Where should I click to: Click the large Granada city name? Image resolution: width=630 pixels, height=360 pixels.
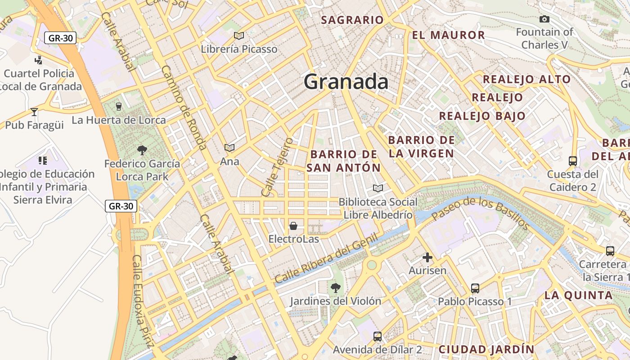click(346, 82)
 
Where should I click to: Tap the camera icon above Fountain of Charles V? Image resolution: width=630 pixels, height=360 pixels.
click(544, 19)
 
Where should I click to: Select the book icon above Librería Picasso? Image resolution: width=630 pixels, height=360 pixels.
click(239, 36)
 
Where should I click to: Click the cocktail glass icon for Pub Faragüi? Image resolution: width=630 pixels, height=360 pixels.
click(34, 112)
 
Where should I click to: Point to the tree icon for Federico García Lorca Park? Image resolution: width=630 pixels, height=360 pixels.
click(142, 150)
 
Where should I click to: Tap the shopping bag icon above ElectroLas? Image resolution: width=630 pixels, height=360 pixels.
click(293, 225)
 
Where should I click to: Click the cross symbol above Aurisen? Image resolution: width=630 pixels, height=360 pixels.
click(427, 257)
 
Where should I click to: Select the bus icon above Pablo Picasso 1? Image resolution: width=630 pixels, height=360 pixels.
click(475, 288)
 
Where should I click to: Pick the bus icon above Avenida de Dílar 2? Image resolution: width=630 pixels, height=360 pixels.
click(378, 336)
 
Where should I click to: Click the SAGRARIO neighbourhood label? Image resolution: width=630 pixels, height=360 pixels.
click(352, 20)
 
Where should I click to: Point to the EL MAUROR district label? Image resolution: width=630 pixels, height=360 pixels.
click(448, 35)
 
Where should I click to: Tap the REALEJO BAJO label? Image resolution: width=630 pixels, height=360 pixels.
click(482, 116)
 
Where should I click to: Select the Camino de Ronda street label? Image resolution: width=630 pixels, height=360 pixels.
click(184, 108)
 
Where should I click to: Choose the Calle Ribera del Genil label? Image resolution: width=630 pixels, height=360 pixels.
click(326, 261)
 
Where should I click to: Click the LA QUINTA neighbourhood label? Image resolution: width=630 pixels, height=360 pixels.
click(579, 296)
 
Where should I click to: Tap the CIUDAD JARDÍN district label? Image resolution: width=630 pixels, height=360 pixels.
click(486, 349)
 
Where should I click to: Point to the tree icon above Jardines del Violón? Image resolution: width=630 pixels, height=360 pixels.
click(335, 288)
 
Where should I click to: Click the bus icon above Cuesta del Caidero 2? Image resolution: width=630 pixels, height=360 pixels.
click(573, 161)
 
